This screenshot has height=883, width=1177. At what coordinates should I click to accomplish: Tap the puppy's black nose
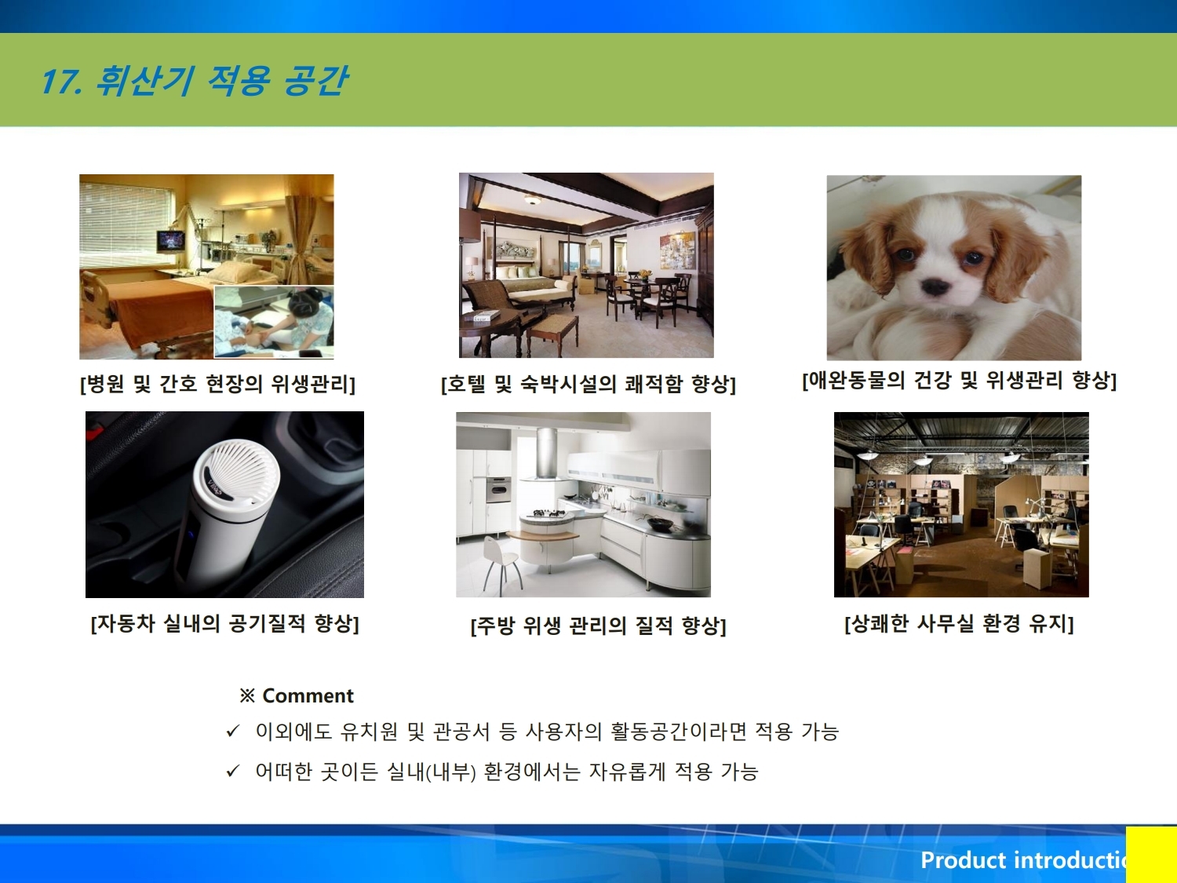pyautogui.click(x=935, y=286)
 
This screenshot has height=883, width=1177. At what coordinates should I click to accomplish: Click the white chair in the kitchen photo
pyautogui.click(x=501, y=563)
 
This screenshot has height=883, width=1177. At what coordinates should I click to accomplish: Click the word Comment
pyautogui.click(x=308, y=696)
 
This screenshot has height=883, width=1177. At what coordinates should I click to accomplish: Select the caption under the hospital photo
pyautogui.click(x=217, y=383)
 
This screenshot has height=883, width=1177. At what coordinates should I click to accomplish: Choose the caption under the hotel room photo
pyautogui.click(x=588, y=384)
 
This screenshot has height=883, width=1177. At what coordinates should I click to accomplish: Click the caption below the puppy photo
pyautogui.click(x=959, y=381)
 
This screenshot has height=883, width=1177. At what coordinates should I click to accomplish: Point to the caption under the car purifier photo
pyautogui.click(x=224, y=623)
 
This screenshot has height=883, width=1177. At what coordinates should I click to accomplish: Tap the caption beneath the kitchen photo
pyautogui.click(x=598, y=626)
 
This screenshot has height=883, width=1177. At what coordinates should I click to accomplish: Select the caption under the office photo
pyautogui.click(x=959, y=623)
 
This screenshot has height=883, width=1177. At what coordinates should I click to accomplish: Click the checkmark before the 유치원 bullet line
pyautogui.click(x=233, y=731)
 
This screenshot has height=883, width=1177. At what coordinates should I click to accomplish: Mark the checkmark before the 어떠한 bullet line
pyautogui.click(x=233, y=771)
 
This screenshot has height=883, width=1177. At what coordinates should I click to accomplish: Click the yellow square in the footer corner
pyautogui.click(x=1151, y=855)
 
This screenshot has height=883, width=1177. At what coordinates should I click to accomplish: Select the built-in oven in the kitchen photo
pyautogui.click(x=499, y=488)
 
